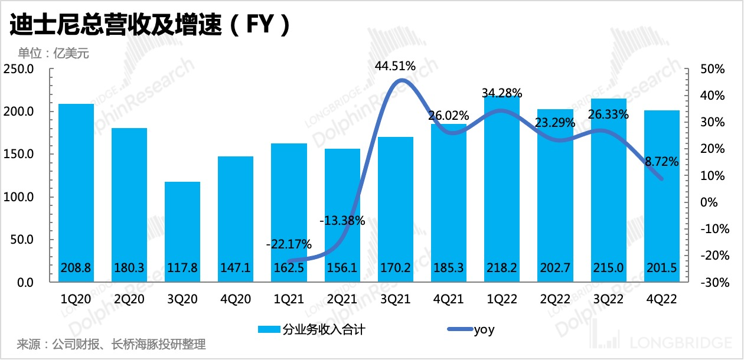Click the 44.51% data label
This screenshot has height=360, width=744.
[394, 66]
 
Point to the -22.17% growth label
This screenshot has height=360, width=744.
[288, 244]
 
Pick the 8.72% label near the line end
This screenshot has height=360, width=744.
[661, 161]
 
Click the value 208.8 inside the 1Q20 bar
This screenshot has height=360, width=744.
[76, 268]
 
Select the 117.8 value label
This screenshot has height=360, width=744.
[182, 268]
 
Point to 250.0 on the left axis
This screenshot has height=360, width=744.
[21, 69]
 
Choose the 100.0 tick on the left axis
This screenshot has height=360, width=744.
[21, 197]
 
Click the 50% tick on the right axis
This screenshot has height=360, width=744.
[713, 69]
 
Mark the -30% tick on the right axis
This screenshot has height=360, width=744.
[711, 283]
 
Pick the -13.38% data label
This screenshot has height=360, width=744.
[342, 221]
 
